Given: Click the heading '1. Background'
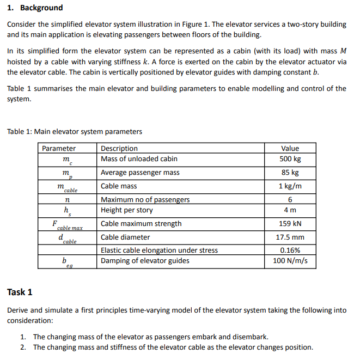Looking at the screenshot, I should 34,8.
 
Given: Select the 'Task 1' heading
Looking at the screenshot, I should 20,292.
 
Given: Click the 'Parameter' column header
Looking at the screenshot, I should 59,148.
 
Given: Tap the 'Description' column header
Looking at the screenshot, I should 119,148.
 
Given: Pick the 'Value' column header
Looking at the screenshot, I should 290,148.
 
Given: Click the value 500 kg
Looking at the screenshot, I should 290,159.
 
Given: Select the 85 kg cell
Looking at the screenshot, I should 290,173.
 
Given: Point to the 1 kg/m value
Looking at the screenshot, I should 290,186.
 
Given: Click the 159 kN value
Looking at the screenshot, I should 290,224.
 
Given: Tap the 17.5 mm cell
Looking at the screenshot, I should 290,237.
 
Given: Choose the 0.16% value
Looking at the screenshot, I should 290,251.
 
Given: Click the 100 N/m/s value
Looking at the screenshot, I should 290,261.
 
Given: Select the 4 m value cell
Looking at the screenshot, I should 290,210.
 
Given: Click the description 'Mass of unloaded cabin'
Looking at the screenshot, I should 137,159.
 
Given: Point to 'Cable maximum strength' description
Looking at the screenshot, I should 141,224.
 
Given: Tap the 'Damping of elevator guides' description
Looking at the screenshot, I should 145,261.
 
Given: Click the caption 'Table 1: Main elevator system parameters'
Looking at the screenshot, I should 74,131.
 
